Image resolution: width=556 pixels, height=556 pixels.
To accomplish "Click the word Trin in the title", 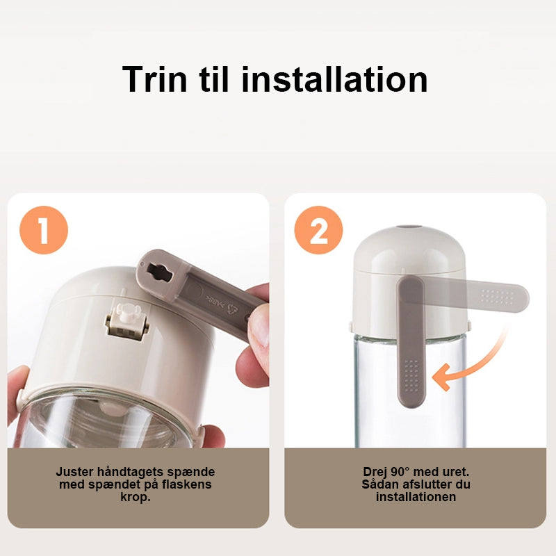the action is pos(154,79).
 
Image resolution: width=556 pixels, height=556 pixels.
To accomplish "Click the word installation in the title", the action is pos(334,79).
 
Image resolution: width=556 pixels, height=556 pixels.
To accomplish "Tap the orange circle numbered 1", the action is pos(44,230).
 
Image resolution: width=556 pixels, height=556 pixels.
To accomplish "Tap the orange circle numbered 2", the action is pos(318,230).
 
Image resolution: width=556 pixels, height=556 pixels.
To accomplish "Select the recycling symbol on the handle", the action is pos(233,309).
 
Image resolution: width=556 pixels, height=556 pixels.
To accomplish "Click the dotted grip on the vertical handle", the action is pos(411,375).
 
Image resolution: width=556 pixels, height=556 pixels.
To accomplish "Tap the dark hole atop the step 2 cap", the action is pos(409,227).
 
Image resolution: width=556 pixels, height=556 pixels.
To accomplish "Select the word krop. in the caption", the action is pos(136,497).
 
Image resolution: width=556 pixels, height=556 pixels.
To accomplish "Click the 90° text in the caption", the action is pos(400,472).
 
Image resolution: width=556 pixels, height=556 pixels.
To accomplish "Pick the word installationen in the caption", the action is pos(416,497).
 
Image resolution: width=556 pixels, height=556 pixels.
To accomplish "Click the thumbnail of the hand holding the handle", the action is pos(138,320).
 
